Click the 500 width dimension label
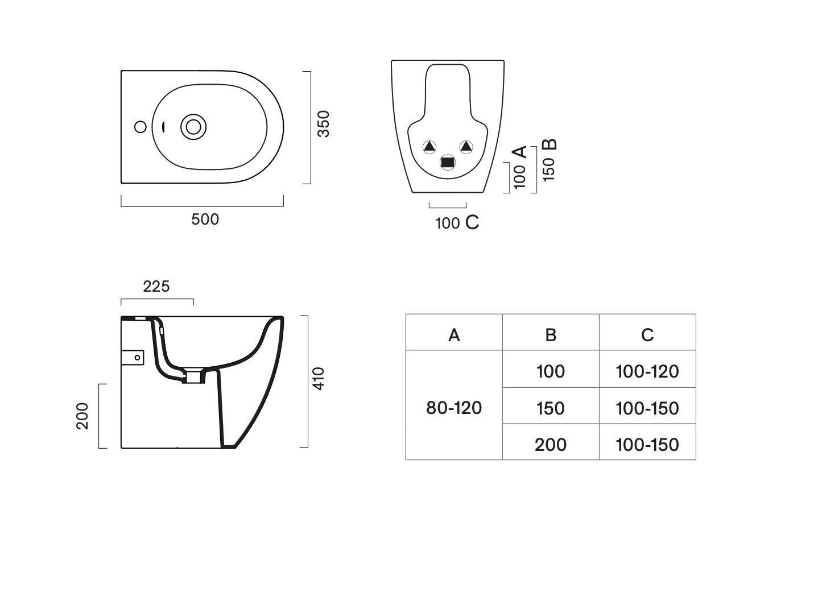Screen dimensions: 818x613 coord(205,219)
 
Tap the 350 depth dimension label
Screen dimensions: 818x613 coord(324,124)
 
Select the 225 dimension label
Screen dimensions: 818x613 coord(156,286)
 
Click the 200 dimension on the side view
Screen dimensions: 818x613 coord(82,416)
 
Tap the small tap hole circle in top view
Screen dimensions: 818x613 coord(141,127)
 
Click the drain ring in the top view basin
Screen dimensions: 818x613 coord(193,127)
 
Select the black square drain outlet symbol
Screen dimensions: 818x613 coord(448,163)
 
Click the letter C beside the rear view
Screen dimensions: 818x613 coord(472,222)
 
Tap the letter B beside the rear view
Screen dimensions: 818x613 coord(550,144)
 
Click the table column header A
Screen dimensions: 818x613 coord(454,335)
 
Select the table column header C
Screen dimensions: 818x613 coord(647,335)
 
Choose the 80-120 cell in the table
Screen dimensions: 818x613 coord(454,408)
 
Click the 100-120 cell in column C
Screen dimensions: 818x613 coord(647,371)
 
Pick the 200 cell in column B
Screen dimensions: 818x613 coord(551,445)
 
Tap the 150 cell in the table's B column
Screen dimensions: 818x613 coord(551,408)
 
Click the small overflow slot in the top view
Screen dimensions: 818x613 coord(163,127)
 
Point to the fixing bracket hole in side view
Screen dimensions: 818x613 coord(137,358)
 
